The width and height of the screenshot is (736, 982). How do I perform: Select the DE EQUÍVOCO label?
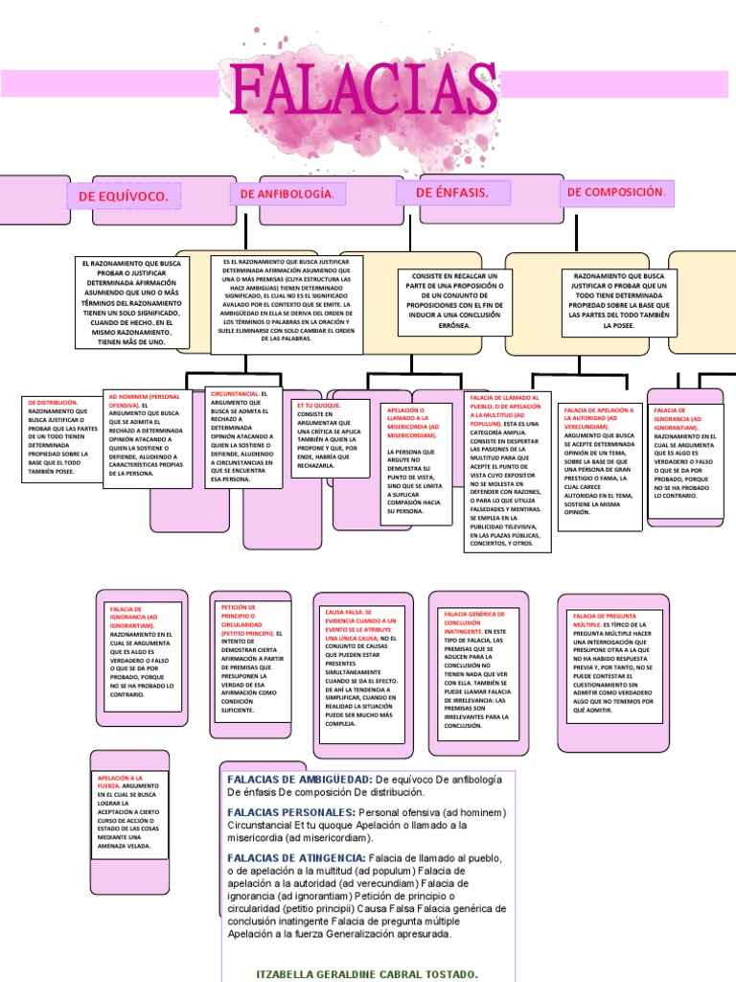[124, 197]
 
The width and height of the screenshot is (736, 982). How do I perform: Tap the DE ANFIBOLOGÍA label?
[287, 195]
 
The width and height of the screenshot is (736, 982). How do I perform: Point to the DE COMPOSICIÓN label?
[615, 193]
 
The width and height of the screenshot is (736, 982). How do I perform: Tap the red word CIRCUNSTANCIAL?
[234, 394]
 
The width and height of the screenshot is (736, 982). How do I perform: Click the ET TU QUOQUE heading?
[319, 406]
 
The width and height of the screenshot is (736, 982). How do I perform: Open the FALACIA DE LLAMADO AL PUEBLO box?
[508, 471]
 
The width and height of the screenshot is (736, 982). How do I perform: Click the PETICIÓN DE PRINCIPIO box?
[251, 660]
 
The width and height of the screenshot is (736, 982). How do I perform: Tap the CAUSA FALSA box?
[359, 667]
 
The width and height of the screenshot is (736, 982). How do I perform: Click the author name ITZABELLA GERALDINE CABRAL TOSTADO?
[368, 974]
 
